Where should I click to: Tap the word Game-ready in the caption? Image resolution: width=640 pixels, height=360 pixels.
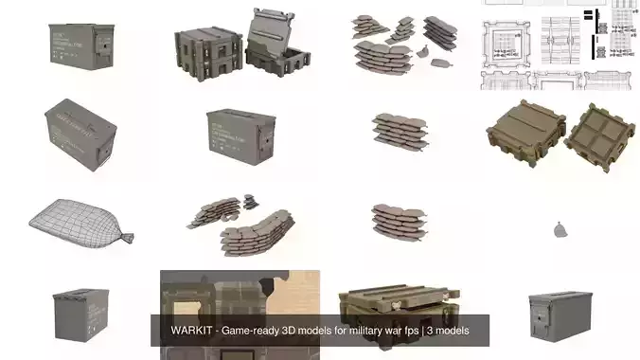pos(252,331)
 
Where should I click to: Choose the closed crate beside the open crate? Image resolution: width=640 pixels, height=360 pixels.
pos(204,45)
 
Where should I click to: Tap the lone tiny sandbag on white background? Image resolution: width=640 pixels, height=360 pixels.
pos(560,228)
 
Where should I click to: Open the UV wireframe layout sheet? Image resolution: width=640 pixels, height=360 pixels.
pos(559,43)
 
